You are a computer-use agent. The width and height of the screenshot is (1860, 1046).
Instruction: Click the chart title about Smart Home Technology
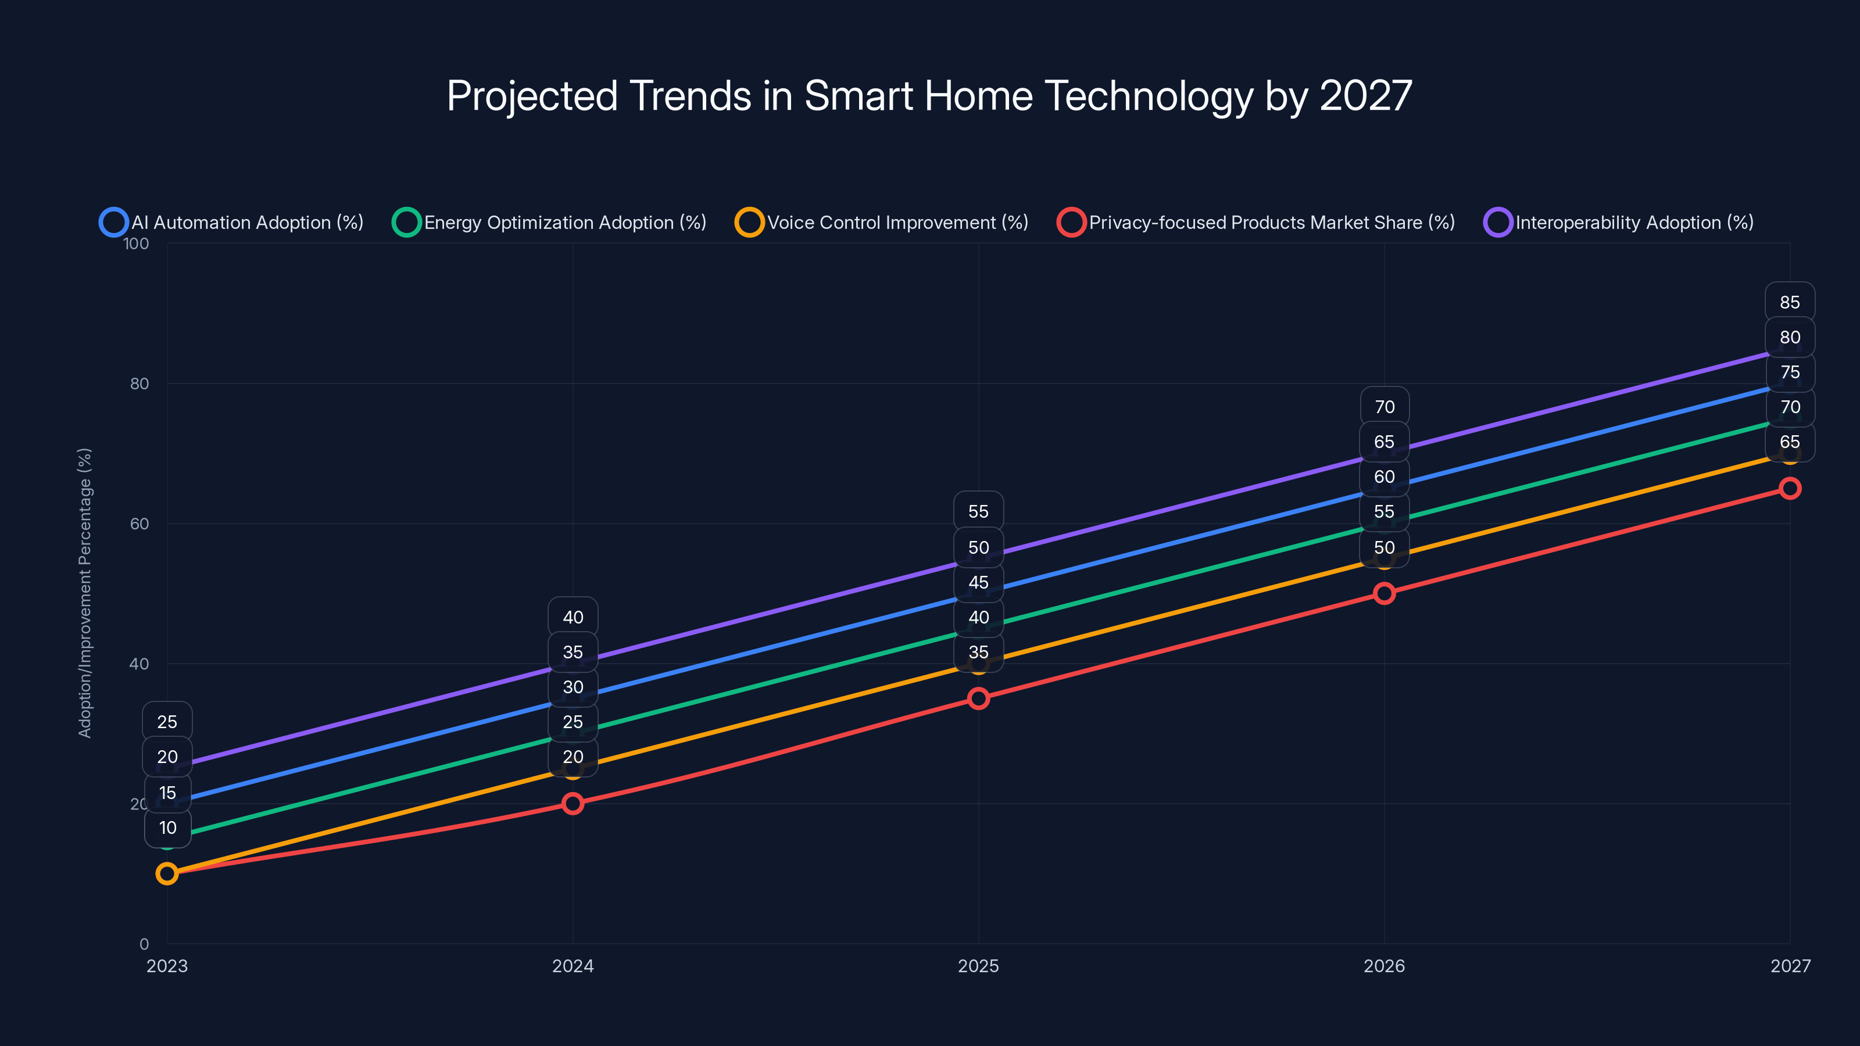(929, 96)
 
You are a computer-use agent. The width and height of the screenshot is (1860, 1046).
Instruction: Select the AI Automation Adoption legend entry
(233, 223)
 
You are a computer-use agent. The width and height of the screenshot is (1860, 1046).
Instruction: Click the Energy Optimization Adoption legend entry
(550, 223)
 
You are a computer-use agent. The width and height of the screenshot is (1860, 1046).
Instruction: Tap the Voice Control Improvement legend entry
(882, 223)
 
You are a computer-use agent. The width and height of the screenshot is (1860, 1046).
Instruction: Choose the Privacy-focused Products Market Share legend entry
(1256, 223)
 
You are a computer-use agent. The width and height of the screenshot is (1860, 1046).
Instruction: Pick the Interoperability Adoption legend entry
(1619, 223)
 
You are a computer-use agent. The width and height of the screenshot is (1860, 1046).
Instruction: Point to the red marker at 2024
(573, 804)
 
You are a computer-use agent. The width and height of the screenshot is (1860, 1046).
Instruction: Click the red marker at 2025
(978, 698)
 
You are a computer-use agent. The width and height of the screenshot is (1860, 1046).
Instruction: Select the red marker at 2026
(1384, 593)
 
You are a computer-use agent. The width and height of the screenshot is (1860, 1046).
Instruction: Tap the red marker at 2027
(1790, 489)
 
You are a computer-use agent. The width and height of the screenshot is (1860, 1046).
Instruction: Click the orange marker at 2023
(167, 873)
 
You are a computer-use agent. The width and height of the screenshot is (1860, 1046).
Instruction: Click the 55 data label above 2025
(978, 512)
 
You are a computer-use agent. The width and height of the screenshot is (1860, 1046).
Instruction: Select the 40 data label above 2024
(573, 617)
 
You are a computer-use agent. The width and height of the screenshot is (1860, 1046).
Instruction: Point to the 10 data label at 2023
(167, 828)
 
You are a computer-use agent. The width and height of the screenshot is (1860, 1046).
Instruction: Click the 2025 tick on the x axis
(978, 966)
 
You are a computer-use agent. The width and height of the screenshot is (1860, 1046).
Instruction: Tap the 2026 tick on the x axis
(1384, 966)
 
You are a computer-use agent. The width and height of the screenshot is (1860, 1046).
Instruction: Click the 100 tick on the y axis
(136, 243)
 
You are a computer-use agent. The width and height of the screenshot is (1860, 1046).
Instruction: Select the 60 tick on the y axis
(139, 524)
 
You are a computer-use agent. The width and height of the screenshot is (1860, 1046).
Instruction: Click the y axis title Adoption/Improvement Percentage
(84, 593)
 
